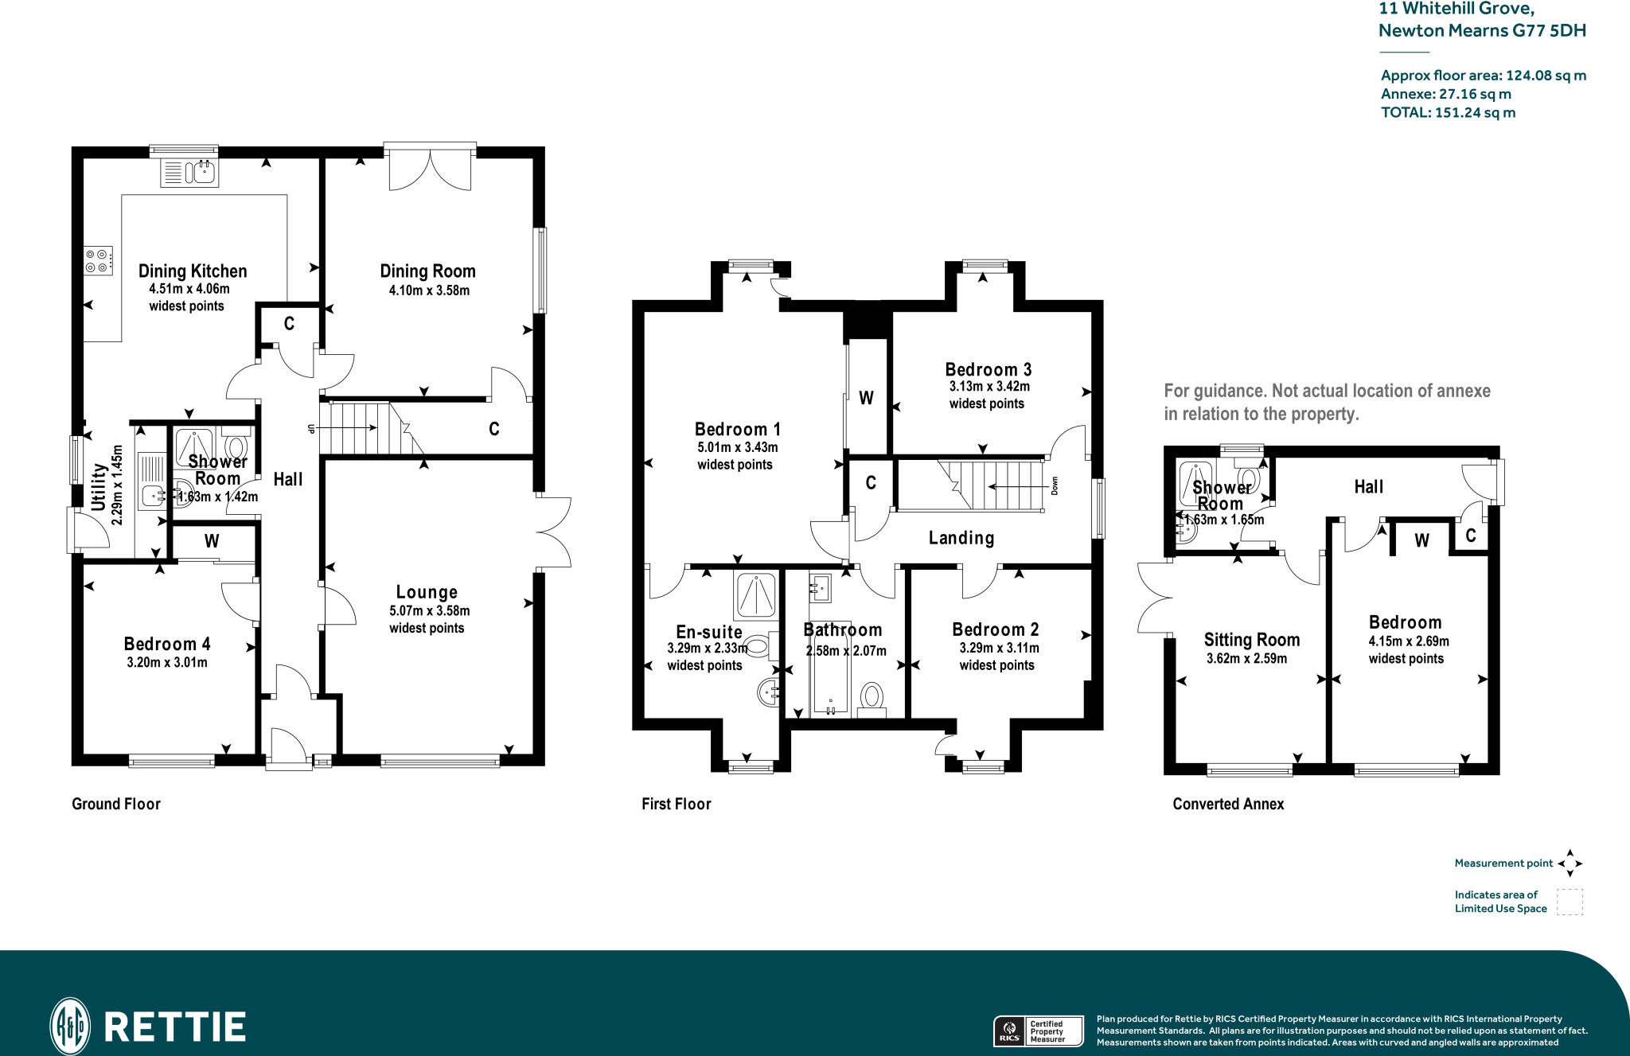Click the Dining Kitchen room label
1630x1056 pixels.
(x=193, y=271)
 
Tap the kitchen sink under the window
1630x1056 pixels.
(x=189, y=173)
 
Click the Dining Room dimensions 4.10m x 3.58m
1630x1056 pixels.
(x=429, y=291)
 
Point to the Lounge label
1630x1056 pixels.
(x=427, y=592)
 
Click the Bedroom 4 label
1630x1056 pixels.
(x=167, y=644)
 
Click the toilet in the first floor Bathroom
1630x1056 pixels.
(x=872, y=698)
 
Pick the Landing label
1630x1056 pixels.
(x=961, y=538)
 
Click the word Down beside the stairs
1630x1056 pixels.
(x=1055, y=485)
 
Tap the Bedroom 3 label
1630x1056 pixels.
(x=989, y=369)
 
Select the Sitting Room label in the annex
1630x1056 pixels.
(x=1251, y=640)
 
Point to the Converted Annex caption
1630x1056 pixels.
(x=1228, y=804)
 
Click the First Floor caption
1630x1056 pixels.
(x=677, y=804)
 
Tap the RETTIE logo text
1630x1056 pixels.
(x=175, y=1027)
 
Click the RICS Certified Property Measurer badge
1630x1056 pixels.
(x=1038, y=1031)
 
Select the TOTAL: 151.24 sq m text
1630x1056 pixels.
(x=1448, y=113)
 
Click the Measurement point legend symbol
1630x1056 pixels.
(x=1570, y=863)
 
